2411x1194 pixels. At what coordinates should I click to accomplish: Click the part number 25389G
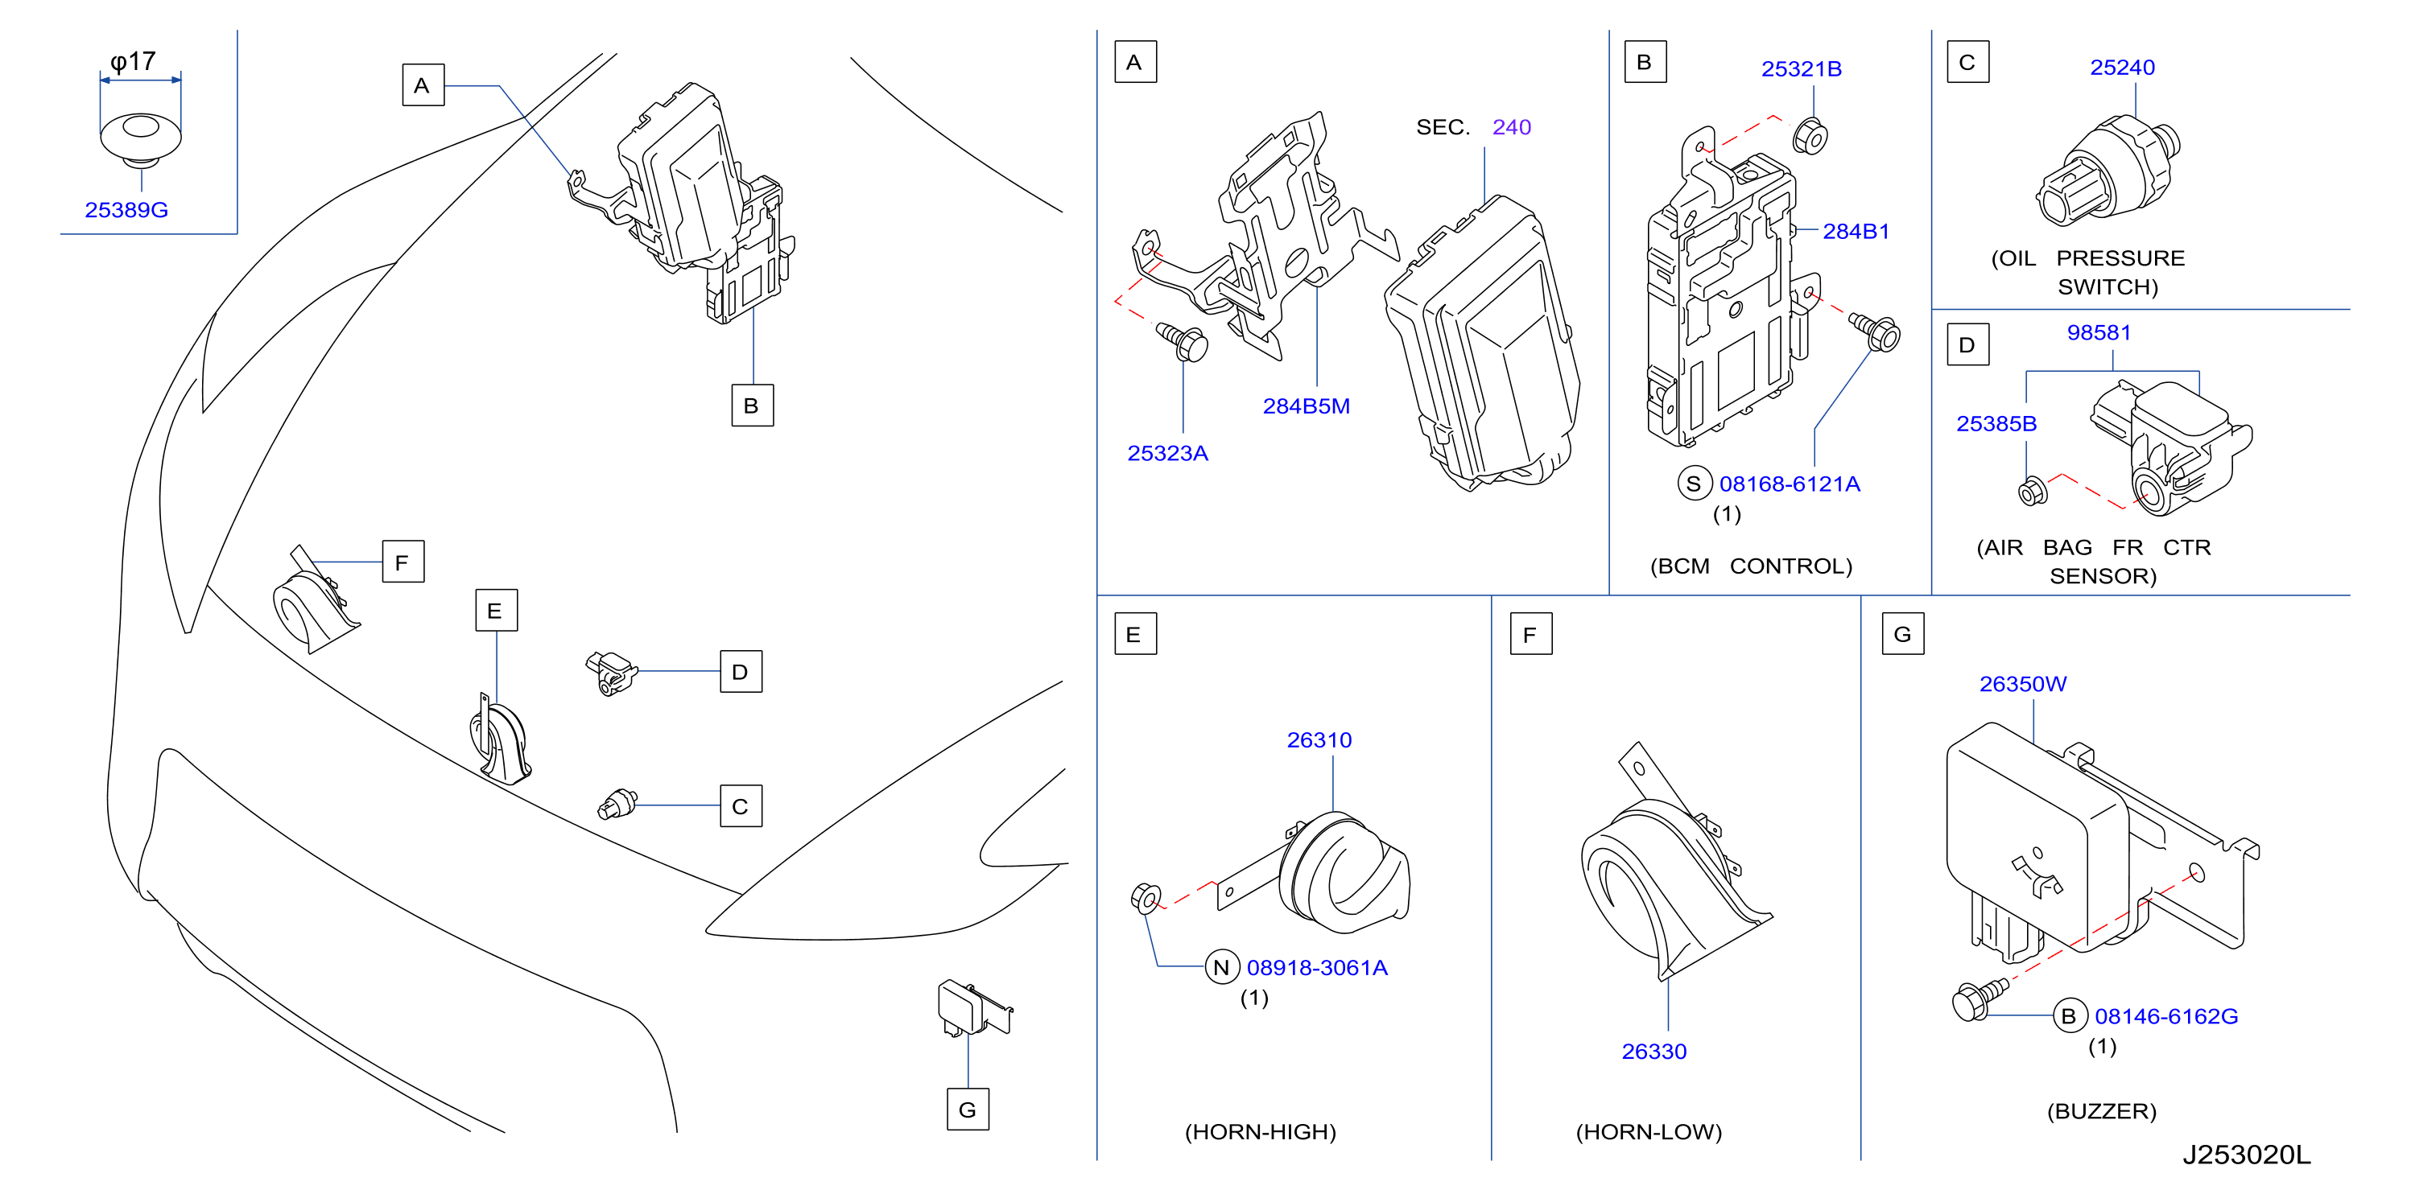[x=126, y=210]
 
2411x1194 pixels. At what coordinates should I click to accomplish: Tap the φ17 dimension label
[x=133, y=62]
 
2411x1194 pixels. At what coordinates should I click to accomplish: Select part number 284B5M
[x=1306, y=406]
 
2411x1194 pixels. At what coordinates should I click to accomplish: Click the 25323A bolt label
[x=1167, y=453]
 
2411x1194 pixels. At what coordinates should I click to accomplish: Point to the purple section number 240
[x=1512, y=127]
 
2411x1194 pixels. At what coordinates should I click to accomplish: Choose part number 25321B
[x=1801, y=69]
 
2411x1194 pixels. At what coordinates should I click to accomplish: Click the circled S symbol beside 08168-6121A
[x=1693, y=484]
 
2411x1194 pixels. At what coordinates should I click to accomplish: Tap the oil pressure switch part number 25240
[x=2122, y=68]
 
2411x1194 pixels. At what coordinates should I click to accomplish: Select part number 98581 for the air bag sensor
[x=2099, y=333]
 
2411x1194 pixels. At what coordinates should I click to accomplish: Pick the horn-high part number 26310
[x=1319, y=740]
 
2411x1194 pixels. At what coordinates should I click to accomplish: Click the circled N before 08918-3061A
[x=1221, y=968]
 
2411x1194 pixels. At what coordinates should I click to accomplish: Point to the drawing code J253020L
[x=2246, y=1155]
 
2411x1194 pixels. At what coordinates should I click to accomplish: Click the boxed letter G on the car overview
[x=968, y=1110]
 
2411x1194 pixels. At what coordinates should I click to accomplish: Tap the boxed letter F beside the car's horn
[x=403, y=562]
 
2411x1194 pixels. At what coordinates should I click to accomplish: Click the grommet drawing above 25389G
[x=140, y=139]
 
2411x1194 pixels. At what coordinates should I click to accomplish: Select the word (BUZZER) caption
[x=2101, y=1112]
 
